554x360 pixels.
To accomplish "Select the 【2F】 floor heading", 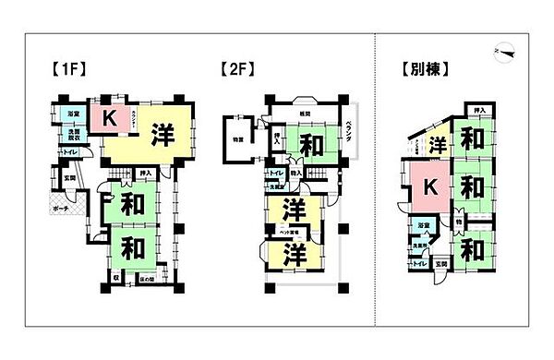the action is pyautogui.click(x=238, y=68).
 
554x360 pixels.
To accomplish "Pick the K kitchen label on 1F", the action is pyautogui.click(x=109, y=118).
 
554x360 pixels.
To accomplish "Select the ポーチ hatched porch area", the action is pyautogui.click(x=60, y=210).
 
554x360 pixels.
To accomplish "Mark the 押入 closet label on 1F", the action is pyautogui.click(x=145, y=173).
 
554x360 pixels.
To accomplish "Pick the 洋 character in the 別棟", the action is pyautogui.click(x=438, y=145).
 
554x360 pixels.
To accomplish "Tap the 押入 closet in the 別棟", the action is pyautogui.click(x=477, y=110).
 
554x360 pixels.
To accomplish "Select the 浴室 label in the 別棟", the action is pyautogui.click(x=421, y=226).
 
